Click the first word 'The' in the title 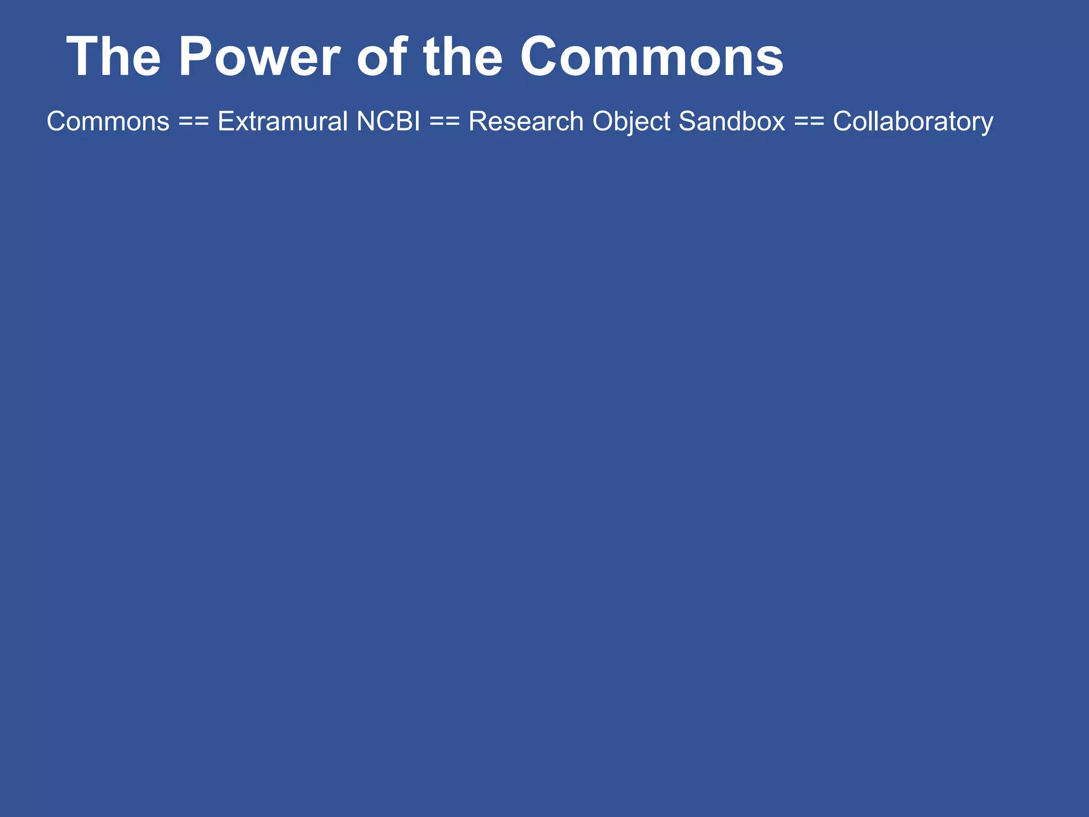click(x=113, y=57)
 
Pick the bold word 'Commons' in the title click(x=651, y=57)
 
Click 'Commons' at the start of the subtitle click(x=108, y=121)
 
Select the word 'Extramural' click(x=282, y=121)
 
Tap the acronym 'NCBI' click(x=388, y=121)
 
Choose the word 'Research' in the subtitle click(x=526, y=121)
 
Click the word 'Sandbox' click(x=732, y=121)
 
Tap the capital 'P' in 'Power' click(x=195, y=57)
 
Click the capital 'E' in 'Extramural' click(x=225, y=121)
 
